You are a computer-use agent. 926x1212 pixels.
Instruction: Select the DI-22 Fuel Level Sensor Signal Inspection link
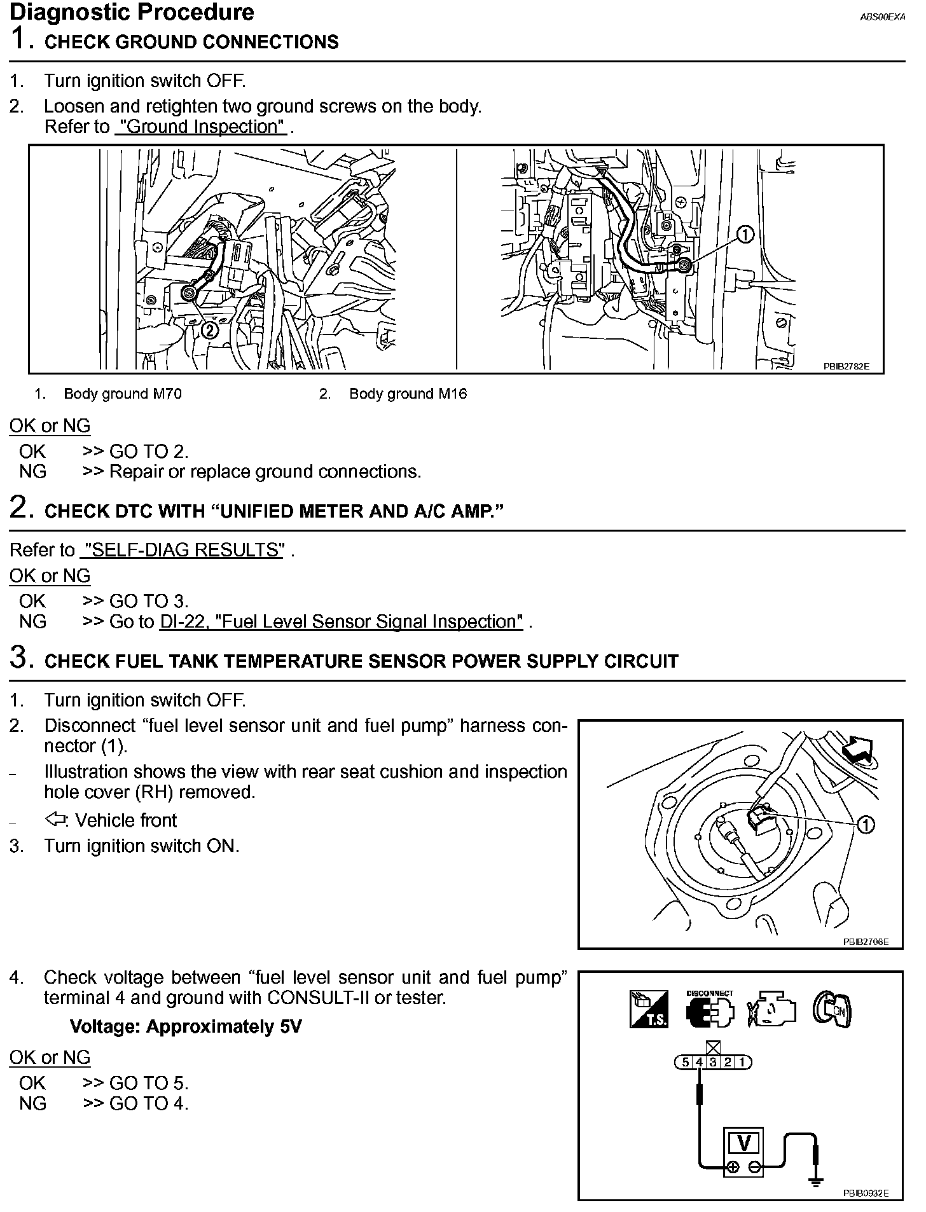(341, 621)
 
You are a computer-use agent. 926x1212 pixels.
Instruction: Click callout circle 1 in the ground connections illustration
(745, 235)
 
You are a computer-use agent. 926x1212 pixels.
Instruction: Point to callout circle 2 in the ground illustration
(209, 330)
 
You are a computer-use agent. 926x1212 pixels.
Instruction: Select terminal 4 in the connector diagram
(699, 1062)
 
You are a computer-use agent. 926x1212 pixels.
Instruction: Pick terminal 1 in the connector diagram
(742, 1062)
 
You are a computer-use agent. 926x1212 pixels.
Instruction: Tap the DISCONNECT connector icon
(710, 1010)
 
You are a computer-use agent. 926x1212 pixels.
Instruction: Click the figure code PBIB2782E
(846, 367)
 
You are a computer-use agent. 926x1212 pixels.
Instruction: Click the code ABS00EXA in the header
(882, 18)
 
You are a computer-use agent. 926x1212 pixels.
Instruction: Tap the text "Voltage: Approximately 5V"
(186, 1027)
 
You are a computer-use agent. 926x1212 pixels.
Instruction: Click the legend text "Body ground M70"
(123, 394)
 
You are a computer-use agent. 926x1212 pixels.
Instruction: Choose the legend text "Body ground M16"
(408, 394)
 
